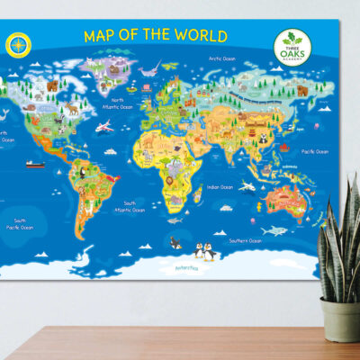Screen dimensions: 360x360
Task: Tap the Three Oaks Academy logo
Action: [x=294, y=48]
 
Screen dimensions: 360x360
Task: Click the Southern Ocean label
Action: [x=243, y=240]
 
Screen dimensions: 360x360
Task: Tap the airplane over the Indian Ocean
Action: [x=249, y=188]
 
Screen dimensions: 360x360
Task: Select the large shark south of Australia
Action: [x=280, y=230]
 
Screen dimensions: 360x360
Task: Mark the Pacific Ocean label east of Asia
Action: [x=314, y=151]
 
